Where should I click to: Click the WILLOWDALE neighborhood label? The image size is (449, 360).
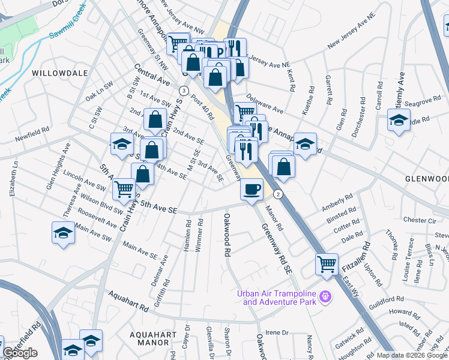[59, 73]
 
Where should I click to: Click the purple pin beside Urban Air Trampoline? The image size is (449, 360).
[326, 296]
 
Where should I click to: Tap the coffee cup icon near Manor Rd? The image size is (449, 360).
[252, 188]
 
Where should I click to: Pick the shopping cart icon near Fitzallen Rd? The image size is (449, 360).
[327, 263]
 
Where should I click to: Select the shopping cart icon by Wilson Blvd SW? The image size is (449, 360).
[124, 189]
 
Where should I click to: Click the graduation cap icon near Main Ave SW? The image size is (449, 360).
[63, 233]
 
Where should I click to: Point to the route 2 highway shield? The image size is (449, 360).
[278, 194]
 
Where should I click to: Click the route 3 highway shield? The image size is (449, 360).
[181, 90]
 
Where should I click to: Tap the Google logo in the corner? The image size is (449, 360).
[20, 353]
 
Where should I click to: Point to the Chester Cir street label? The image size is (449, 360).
[418, 220]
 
